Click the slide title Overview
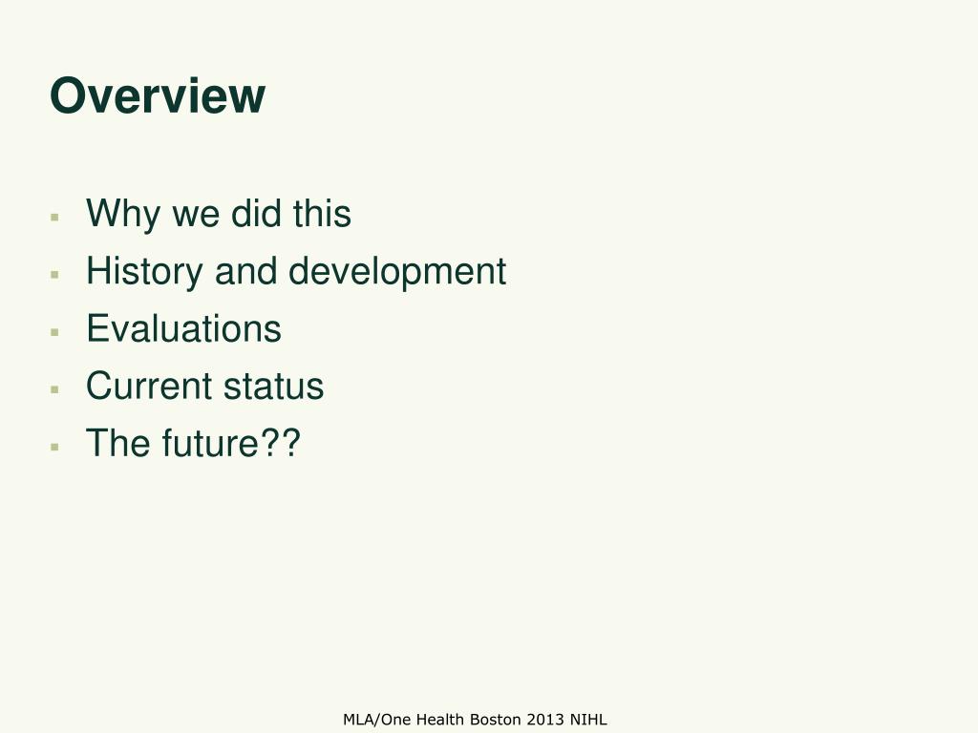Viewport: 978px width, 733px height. coord(158,96)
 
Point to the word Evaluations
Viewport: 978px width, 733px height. coord(183,329)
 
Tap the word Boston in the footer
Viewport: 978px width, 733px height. coord(494,720)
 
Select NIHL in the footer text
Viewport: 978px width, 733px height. coord(588,720)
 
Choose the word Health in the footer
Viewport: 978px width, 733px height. coord(441,720)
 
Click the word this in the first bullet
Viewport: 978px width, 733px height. coord(322,215)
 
